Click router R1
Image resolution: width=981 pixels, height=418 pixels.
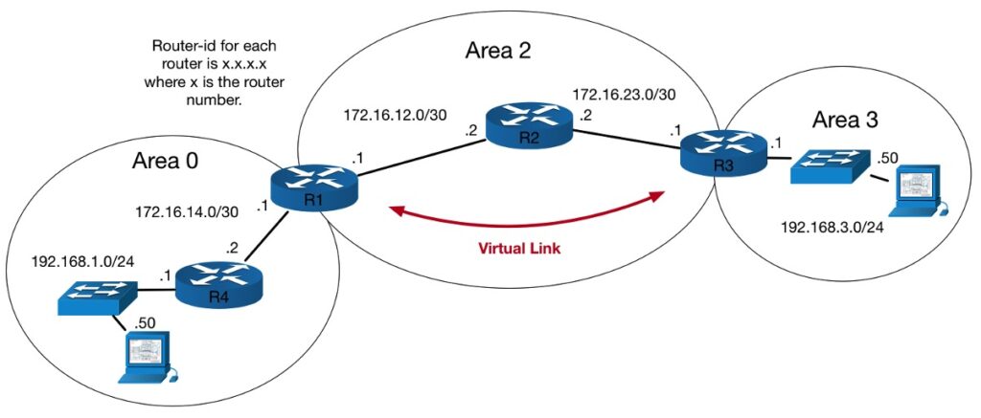point(312,188)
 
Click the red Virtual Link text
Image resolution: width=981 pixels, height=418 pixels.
point(521,246)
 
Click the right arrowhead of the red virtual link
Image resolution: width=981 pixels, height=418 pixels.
point(657,196)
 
